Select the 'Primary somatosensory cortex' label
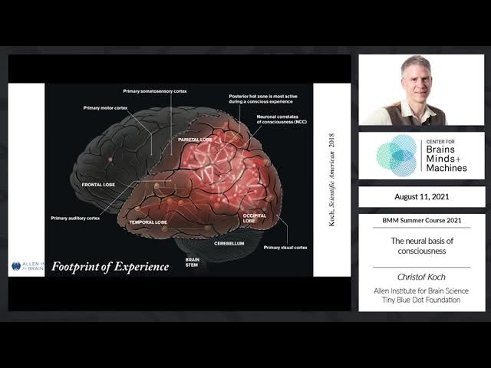point(159,90)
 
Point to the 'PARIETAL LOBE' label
point(195,140)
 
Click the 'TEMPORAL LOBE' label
point(147,222)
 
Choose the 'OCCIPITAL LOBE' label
point(255,219)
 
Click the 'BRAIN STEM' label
point(192,262)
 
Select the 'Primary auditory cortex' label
point(75,218)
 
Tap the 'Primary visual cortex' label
point(285,248)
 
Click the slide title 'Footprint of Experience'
point(110,267)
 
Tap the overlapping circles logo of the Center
point(397,155)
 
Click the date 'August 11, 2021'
point(421,197)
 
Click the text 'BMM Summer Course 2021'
point(421,221)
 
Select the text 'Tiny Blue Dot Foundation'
point(421,301)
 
